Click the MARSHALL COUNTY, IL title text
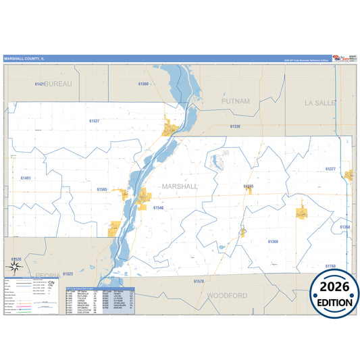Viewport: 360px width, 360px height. [x=25, y=59]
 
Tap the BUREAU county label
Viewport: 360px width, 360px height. [x=57, y=84]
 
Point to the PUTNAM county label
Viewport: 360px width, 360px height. [x=236, y=101]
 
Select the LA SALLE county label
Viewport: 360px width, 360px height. [x=320, y=103]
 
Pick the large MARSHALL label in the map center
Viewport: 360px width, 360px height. [x=180, y=186]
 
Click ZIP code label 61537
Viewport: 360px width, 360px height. [x=94, y=121]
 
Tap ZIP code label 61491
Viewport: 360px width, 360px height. [x=26, y=178]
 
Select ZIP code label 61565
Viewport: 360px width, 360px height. [x=102, y=190]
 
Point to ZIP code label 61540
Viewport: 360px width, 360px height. [x=158, y=208]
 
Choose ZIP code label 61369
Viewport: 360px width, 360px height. [x=273, y=241]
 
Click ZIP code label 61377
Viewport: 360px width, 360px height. [x=330, y=169]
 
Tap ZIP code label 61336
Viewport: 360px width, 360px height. [x=234, y=126]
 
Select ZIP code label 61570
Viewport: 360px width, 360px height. [x=199, y=280]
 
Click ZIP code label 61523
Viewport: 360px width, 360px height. [x=68, y=274]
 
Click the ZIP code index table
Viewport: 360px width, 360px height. [x=100, y=294]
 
